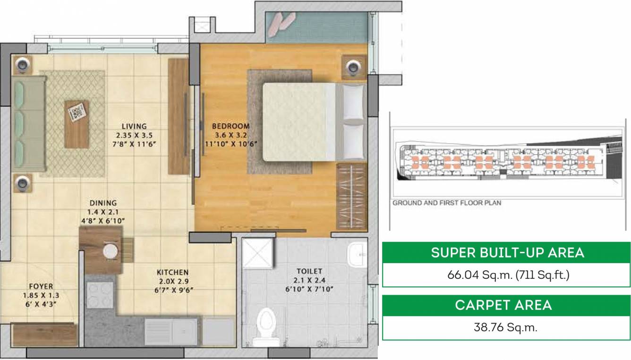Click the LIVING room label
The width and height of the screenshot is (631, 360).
point(134,126)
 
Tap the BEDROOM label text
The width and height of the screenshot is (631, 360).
point(230,126)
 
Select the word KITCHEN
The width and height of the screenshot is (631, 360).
point(172,273)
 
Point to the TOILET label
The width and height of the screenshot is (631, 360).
point(309,271)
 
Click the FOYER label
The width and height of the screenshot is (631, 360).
point(41,286)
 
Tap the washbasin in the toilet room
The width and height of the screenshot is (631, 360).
point(358,256)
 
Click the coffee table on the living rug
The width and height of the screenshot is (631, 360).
point(76,124)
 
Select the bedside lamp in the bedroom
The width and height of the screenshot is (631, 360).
point(352,66)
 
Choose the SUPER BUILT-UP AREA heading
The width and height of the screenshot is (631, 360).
point(507,253)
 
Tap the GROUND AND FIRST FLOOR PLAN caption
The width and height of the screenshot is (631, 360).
point(446,203)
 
